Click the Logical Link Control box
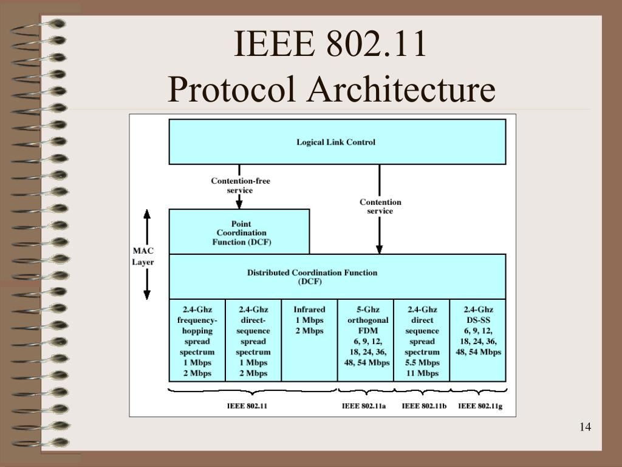click(x=337, y=142)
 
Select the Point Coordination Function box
click(x=241, y=232)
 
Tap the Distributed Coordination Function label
click(x=312, y=277)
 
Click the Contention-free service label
click(x=241, y=185)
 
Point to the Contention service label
click(x=380, y=206)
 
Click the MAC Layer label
click(x=143, y=256)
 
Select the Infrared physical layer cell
click(x=309, y=339)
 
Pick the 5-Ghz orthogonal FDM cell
click(x=366, y=339)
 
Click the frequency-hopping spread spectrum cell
click(x=197, y=339)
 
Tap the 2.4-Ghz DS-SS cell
click(x=478, y=339)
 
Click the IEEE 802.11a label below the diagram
click(x=364, y=406)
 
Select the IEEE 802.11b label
click(x=424, y=406)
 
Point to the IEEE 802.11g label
click(x=480, y=406)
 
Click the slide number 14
click(x=585, y=427)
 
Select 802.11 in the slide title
click(x=377, y=46)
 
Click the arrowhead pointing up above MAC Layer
click(x=146, y=214)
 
